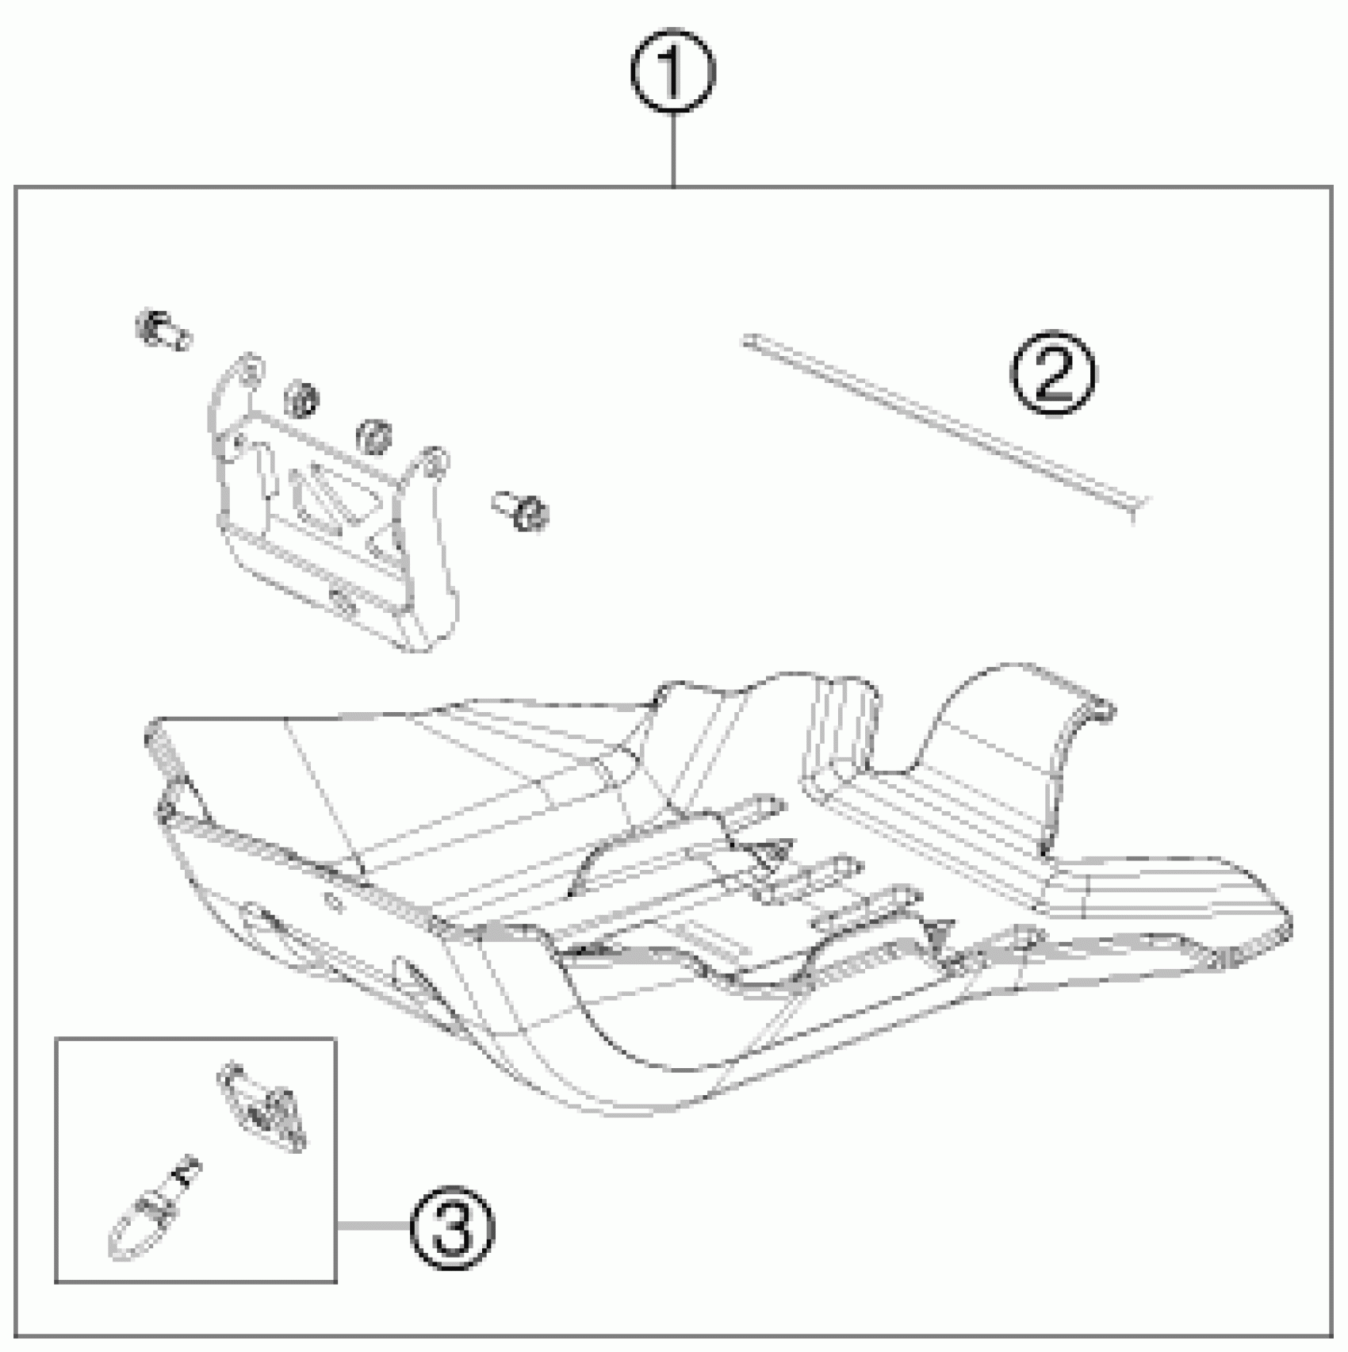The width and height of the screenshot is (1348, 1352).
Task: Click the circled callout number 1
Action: [x=673, y=72]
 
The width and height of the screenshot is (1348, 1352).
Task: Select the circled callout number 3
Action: [x=453, y=1225]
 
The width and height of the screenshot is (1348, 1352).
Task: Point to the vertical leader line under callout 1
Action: [x=673, y=151]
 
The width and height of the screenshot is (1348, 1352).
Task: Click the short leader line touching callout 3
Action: [x=373, y=1226]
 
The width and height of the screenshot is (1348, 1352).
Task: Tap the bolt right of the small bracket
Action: [x=521, y=510]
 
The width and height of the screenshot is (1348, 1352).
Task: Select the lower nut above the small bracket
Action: [x=373, y=436]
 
